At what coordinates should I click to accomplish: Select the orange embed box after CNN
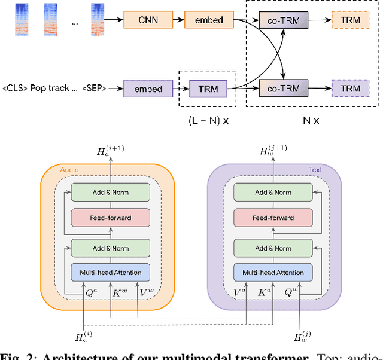(x=209, y=20)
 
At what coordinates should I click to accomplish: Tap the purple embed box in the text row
(x=148, y=89)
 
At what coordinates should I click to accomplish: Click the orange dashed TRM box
(x=350, y=20)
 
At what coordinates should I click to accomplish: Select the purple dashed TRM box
(x=350, y=89)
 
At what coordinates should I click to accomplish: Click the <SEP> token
(x=94, y=89)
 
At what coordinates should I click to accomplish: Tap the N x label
(x=311, y=120)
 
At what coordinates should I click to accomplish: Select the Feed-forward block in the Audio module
(x=110, y=218)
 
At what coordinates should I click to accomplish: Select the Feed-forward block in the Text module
(x=273, y=218)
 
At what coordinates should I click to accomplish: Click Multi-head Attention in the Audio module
(x=110, y=273)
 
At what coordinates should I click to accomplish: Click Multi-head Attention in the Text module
(x=273, y=273)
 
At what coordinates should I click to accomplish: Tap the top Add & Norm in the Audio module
(x=110, y=192)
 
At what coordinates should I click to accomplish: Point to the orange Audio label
(x=69, y=170)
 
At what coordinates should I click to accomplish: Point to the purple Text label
(x=315, y=170)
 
